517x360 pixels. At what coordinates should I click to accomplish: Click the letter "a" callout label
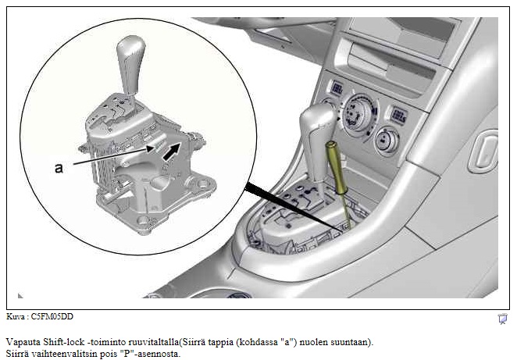(59, 168)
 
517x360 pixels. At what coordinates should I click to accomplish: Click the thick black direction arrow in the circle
(172, 151)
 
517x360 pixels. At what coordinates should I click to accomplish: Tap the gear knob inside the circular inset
(131, 62)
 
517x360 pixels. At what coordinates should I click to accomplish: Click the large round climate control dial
(358, 115)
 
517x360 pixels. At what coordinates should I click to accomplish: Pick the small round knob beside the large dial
(387, 141)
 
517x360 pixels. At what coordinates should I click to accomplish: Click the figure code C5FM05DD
(52, 316)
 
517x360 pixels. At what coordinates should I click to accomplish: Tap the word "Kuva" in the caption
(16, 316)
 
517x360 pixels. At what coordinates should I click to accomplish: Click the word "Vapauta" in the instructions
(23, 342)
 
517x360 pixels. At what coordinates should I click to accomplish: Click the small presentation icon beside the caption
(502, 319)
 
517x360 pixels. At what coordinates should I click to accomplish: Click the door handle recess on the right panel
(483, 151)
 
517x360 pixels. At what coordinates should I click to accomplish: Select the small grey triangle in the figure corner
(20, 296)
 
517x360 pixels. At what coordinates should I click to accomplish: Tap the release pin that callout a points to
(159, 145)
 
